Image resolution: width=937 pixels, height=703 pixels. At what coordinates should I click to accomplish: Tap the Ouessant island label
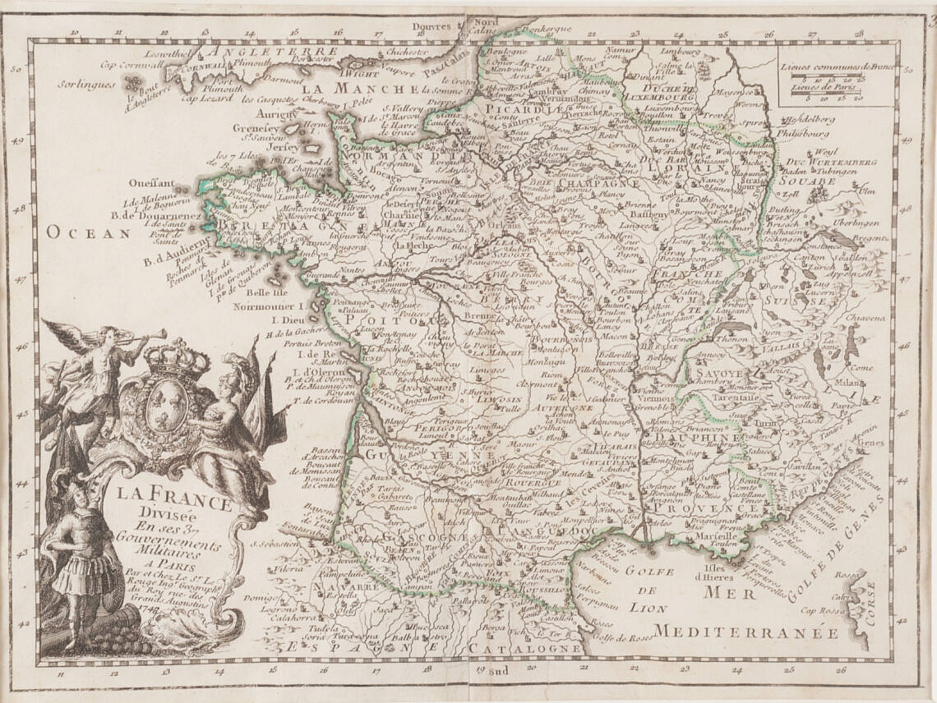[152, 184]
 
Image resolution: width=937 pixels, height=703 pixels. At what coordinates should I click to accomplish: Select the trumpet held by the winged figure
[148, 336]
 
